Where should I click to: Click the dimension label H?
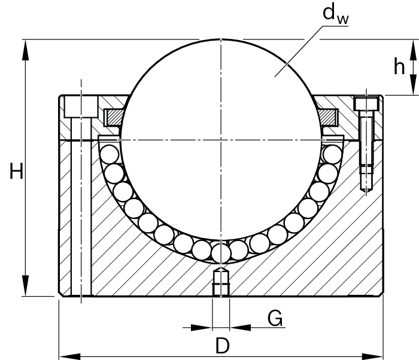click(17, 173)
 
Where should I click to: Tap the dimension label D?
click(222, 346)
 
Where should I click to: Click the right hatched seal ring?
click(329, 117)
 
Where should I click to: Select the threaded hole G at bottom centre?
click(221, 283)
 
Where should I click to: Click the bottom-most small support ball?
click(221, 253)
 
